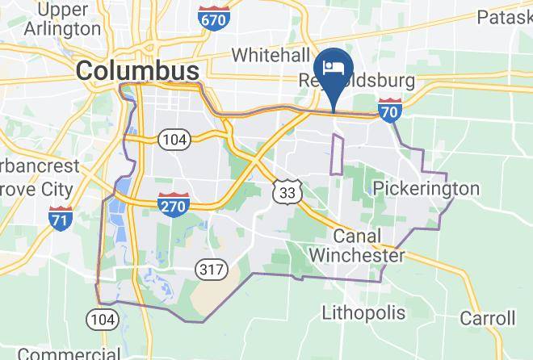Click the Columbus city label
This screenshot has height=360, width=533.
pos(137,71)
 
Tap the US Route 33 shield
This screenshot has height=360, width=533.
pos(288,190)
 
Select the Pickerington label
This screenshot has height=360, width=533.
pos(427,189)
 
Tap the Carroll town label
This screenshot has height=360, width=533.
pos(488,317)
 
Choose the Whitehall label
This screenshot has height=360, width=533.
pos(271,55)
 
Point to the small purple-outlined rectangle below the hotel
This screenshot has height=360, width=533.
pos(338,154)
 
